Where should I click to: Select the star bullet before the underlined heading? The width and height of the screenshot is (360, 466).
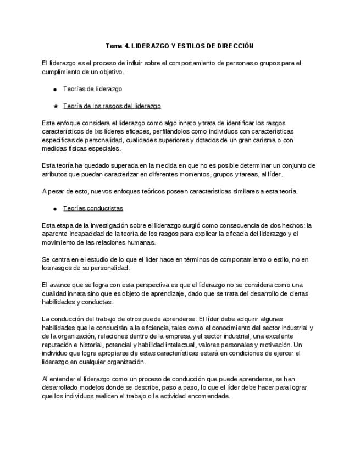[56, 106]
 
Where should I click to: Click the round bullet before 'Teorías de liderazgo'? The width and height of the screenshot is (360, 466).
[56, 89]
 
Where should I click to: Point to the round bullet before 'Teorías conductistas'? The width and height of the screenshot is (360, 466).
[56, 209]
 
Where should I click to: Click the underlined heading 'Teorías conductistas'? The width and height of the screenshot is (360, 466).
[93, 208]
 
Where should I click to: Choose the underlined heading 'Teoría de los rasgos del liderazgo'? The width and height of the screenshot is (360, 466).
[112, 106]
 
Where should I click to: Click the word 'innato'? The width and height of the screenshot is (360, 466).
[185, 123]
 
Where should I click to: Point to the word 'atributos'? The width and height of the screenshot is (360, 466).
[56, 174]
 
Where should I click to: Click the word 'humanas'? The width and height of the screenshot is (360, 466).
[142, 242]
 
